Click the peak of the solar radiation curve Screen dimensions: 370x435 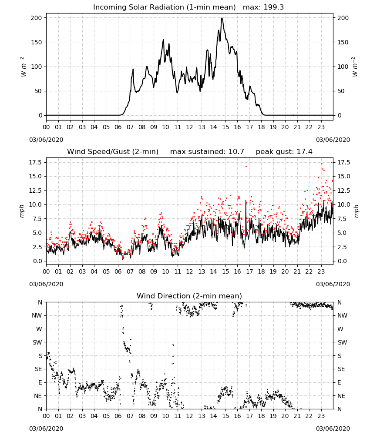pyautogui.click(x=222, y=18)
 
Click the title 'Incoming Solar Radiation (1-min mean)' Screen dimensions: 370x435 pyautogui.click(x=164, y=7)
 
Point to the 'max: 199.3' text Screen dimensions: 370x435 pyautogui.click(x=263, y=7)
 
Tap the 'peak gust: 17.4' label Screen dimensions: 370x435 pyautogui.click(x=284, y=151)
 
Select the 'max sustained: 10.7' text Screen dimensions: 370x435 pyautogui.click(x=207, y=151)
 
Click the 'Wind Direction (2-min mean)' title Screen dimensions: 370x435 pyautogui.click(x=189, y=296)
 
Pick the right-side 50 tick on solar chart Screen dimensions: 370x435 pyautogui.click(x=341, y=91)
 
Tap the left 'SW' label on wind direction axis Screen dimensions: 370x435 pyautogui.click(x=37, y=342)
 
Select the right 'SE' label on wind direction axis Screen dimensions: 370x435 pyautogui.click(x=341, y=369)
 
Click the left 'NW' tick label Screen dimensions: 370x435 pyautogui.click(x=37, y=315)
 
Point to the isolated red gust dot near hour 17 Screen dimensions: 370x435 pyautogui.click(x=246, y=167)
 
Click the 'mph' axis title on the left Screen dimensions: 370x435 pyautogui.click(x=22, y=211)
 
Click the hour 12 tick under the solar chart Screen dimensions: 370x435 pyautogui.click(x=189, y=127)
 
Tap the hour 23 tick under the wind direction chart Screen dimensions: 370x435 pyautogui.click(x=321, y=416)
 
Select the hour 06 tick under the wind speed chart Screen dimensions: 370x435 pyautogui.click(x=118, y=271)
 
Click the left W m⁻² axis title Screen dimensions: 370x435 pyautogui.click(x=24, y=67)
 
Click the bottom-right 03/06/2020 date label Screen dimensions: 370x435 pyautogui.click(x=333, y=428)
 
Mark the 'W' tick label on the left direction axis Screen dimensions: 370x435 pyautogui.click(x=39, y=329)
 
